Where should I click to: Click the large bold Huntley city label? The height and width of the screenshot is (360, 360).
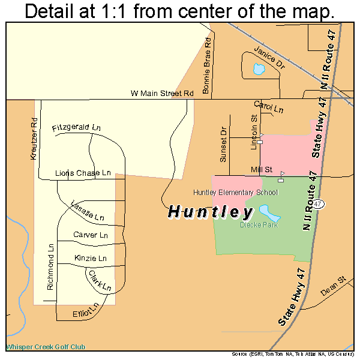[x=210, y=212]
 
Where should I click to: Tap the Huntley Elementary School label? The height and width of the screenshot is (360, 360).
[x=235, y=192]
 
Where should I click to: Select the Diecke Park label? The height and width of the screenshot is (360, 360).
[x=259, y=225]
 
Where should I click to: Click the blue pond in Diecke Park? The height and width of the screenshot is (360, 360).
[x=268, y=212]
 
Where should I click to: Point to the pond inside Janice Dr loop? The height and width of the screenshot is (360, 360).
[x=259, y=70]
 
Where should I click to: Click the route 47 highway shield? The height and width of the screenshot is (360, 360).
[x=318, y=203]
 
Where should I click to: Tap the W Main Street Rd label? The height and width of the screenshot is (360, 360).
[x=162, y=94]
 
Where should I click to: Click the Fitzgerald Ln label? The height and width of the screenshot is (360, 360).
[x=76, y=128]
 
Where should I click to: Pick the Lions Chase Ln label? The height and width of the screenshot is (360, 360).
[x=83, y=173]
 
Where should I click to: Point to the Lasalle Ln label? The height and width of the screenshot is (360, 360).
[x=88, y=209]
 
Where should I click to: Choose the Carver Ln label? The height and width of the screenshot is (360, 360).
[x=90, y=235]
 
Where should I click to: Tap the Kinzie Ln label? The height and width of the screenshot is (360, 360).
[x=90, y=258]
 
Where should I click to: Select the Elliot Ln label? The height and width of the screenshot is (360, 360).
[x=83, y=310]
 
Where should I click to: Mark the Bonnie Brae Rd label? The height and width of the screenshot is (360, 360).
[x=206, y=67]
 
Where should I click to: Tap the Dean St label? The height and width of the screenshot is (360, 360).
[x=334, y=286]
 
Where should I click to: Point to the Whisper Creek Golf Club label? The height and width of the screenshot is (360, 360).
[x=46, y=347]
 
